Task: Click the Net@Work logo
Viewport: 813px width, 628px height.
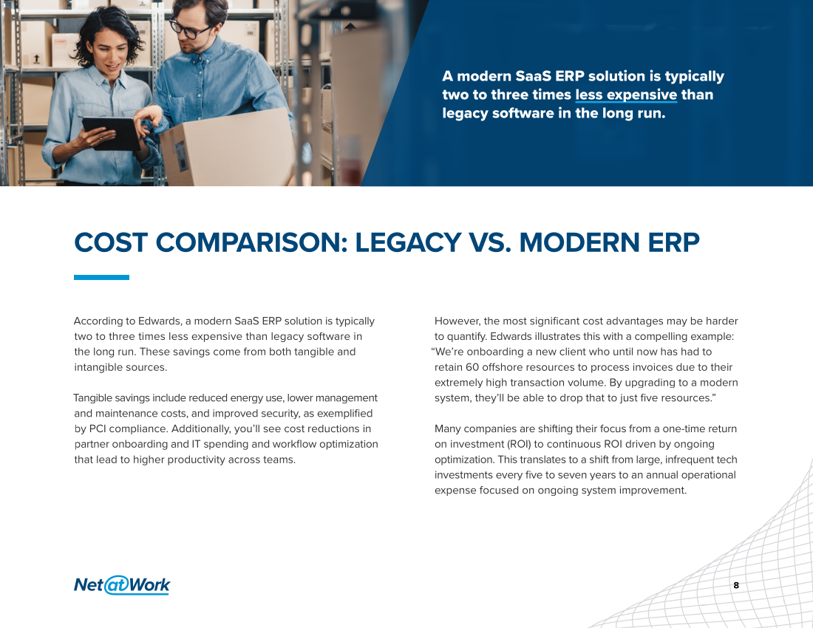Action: click(122, 585)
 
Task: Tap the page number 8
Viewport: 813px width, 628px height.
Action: click(735, 585)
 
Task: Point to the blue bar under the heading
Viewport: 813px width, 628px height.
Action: click(102, 277)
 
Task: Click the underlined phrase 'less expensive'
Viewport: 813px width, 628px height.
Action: click(626, 95)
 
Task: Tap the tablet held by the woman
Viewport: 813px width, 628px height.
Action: click(111, 133)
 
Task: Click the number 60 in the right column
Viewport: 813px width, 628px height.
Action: click(472, 367)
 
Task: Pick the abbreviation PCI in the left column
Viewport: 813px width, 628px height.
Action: click(98, 429)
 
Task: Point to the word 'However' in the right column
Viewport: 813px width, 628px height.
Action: click(456, 321)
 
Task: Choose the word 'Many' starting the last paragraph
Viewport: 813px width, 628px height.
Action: click(447, 429)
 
